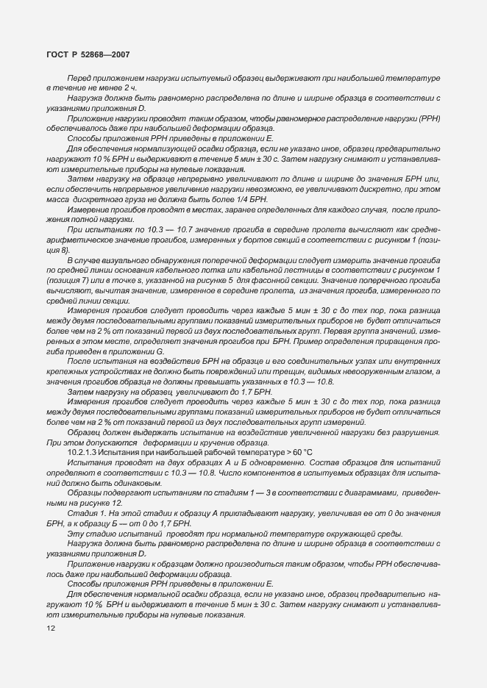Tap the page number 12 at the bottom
[51, 628]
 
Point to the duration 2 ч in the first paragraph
[110, 87]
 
